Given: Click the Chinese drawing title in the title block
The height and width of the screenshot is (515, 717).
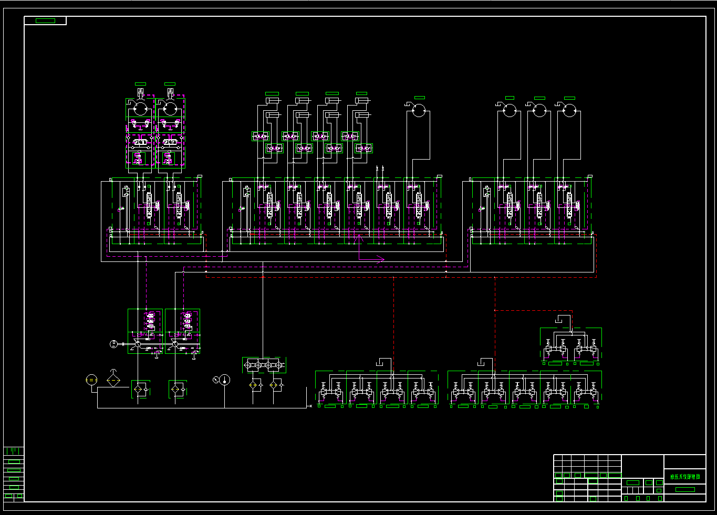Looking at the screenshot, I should coord(684,477).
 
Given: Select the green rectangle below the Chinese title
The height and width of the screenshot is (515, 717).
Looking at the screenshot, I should coord(684,489).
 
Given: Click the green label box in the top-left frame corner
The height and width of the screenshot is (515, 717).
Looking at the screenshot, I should coord(45,20).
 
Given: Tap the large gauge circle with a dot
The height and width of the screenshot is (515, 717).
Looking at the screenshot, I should coord(224,380).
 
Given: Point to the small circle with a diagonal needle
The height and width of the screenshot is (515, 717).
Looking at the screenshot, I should coord(215,380).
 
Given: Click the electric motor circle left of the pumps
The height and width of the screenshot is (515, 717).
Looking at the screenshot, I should coord(113,344).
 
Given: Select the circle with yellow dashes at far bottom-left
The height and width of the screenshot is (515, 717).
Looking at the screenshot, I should coord(91,380).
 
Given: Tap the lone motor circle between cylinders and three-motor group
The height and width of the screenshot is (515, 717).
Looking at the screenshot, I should coord(419,110).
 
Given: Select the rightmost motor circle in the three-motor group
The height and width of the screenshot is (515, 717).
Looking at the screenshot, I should coord(569,110).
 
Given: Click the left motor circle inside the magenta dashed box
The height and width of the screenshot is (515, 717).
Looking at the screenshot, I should coord(140,109).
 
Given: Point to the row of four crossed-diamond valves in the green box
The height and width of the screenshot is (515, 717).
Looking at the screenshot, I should coord(264,365).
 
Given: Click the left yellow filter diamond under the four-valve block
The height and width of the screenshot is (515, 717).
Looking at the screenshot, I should coord(253,385).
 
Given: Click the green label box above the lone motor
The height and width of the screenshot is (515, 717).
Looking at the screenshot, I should coord(420,98).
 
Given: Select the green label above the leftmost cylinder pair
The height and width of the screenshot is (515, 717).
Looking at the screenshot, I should coord(272,93).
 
